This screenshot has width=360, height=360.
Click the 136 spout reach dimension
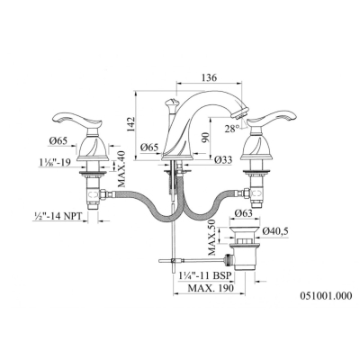click(209, 77)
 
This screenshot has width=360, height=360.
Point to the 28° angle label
click(232, 129)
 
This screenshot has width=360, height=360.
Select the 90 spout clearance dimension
click(205, 138)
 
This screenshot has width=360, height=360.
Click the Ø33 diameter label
click(223, 161)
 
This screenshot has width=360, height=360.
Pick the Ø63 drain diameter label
click(243, 213)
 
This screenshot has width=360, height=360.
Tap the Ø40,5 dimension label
click(275, 231)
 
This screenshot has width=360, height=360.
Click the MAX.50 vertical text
click(212, 238)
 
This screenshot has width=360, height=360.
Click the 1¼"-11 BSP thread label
click(205, 275)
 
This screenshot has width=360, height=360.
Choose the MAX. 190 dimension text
click(211, 288)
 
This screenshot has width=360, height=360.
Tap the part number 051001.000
click(326, 296)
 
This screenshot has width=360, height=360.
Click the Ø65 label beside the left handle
click(58, 140)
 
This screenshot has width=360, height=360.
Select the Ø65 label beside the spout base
click(149, 148)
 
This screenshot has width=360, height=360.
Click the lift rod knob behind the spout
click(170, 104)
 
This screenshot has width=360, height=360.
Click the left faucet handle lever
click(77, 120)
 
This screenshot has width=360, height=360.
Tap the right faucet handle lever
click(274, 118)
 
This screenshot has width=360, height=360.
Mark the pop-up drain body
click(243, 248)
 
